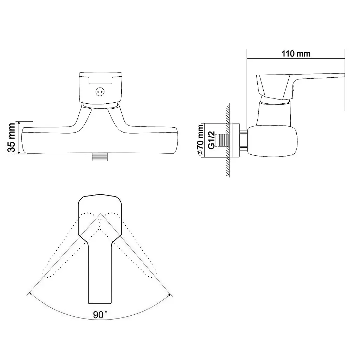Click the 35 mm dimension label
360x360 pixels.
12,137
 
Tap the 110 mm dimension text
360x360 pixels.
296,54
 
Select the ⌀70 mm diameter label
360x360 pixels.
200,139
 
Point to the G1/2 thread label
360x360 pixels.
211,140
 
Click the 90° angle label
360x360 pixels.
100,315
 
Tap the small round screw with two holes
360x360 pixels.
100,92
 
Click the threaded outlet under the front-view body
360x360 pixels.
100,156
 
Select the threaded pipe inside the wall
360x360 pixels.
223,140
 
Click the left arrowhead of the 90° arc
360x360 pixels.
29,294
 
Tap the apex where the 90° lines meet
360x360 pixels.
101,213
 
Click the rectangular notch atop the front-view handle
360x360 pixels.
100,80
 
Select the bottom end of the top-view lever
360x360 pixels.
100,303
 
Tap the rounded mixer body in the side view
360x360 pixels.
272,141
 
